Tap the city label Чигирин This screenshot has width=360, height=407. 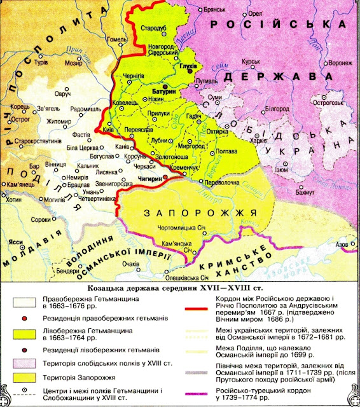click(x=147, y=180)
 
